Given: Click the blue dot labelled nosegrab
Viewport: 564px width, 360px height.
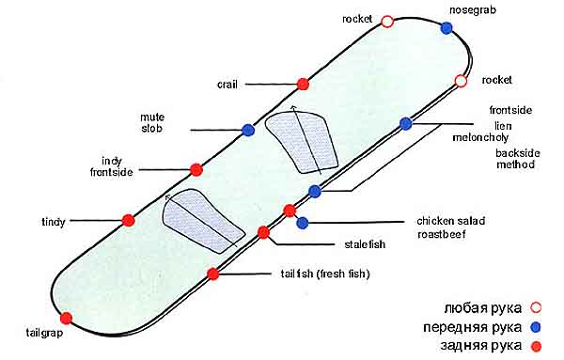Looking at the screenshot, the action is point(446,27).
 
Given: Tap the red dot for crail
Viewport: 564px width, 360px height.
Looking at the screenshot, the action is point(303,85).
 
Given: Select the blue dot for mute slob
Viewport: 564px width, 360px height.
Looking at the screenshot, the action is point(248,130).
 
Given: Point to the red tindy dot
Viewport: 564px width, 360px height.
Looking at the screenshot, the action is point(129,221).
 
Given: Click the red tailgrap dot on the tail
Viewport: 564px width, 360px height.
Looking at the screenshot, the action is point(66,319).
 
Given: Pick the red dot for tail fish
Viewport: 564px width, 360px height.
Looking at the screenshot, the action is point(213,274).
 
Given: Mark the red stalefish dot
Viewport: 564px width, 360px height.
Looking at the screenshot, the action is point(263,233).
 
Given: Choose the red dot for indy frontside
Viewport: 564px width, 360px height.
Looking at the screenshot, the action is point(196,170).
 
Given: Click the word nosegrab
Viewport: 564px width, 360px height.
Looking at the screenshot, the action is point(473,10).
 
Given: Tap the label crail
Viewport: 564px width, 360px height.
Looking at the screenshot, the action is point(227,85).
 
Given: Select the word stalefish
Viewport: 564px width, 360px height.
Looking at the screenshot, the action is point(365,244).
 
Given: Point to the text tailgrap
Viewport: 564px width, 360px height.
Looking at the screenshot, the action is point(44,333).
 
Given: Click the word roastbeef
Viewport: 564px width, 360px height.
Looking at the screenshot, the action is point(442,234).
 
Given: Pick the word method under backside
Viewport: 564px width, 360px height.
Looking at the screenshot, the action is point(515,164).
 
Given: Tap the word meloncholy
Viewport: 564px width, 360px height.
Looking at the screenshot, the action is point(480,138).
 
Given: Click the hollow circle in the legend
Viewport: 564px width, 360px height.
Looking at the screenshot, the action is point(536,308).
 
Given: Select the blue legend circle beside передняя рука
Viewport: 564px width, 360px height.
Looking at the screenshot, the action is point(536,327).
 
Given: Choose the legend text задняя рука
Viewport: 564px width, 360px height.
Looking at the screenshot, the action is point(481,346).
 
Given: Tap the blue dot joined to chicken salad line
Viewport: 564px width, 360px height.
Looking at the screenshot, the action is point(303,223).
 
